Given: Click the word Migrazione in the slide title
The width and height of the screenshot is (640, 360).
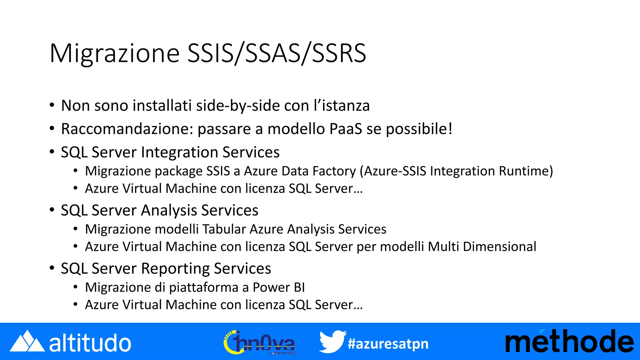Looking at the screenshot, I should pos(114,54).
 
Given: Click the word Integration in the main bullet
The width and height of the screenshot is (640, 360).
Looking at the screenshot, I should pos(179,152).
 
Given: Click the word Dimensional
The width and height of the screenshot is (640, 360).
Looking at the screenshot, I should pos(499,247).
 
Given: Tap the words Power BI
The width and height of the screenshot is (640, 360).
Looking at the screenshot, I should pos(278,287).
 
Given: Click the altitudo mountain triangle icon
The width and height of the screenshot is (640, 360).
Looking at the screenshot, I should pos(27,342).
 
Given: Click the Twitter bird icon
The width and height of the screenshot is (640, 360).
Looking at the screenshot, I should pos(332,342).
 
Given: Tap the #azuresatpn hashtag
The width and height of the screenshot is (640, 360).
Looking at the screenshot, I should pos(388,344).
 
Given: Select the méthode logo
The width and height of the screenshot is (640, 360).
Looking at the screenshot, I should pos(569,342).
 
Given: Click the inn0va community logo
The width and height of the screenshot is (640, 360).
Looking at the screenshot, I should pos(259,343).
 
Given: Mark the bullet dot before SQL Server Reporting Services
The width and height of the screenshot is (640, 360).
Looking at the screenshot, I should pos(52,268).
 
